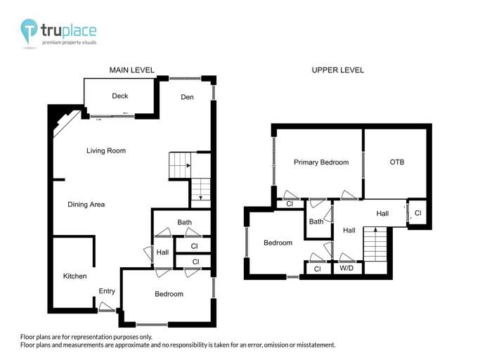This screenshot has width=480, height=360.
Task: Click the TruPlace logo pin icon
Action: tap(29, 30)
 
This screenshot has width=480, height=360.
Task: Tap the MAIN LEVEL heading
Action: tap(131, 70)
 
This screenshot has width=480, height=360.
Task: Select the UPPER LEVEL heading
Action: tap(338, 70)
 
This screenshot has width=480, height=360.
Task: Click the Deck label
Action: tap(119, 96)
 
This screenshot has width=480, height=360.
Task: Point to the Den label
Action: tap(187, 97)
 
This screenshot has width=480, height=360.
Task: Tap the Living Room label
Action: tap(106, 150)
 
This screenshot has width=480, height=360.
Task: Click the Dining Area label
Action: tap(86, 205)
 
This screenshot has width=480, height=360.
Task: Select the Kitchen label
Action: tap(74, 276)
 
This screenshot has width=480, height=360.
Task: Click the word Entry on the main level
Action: tap(107, 291)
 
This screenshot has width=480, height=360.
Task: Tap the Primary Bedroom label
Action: tap(320, 162)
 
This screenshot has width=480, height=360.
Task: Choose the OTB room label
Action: tap(397, 162)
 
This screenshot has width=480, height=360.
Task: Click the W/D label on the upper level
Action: tap(346, 269)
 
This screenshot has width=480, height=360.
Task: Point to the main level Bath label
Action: tap(185, 223)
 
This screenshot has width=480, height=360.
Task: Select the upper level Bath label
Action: tap(316, 222)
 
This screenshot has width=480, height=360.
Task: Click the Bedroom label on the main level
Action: tap(169, 294)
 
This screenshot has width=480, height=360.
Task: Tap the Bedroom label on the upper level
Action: tap(278, 243)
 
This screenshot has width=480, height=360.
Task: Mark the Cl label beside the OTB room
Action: tap(417, 213)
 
